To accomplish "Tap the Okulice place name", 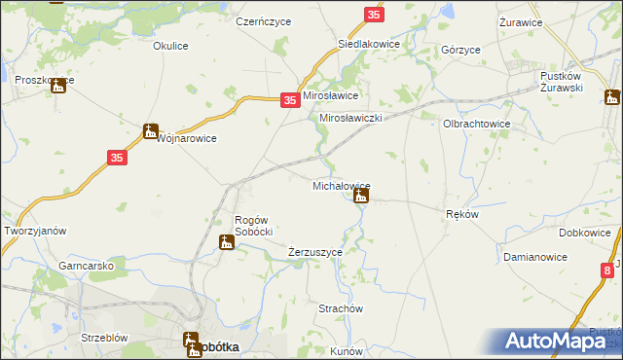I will [x=170, y=45].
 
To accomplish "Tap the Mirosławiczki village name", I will [x=350, y=118].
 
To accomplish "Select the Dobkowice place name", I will [x=585, y=234].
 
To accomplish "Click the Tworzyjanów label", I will [x=35, y=231].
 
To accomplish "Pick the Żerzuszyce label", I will [x=315, y=252].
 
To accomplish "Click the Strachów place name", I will [x=341, y=308].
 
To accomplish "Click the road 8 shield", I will [x=607, y=270].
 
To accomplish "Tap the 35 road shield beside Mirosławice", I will [x=289, y=100].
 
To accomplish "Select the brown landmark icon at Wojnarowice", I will [x=150, y=130].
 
